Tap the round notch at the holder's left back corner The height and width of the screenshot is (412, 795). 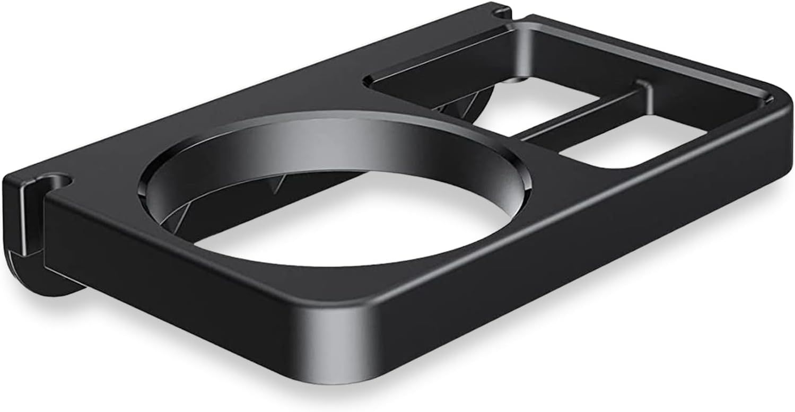pyautogui.click(x=58, y=181)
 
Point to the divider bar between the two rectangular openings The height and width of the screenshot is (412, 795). pyautogui.click(x=583, y=114)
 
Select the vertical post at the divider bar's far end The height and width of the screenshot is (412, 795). pyautogui.click(x=643, y=93)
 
